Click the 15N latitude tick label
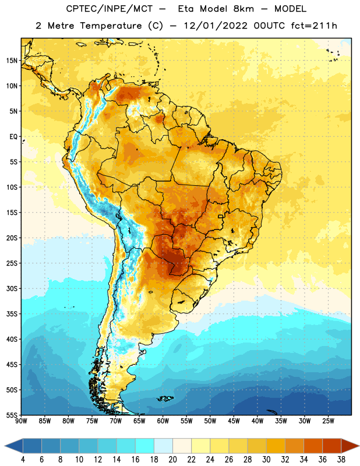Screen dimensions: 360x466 [12, 61]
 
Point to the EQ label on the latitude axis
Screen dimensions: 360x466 [13, 137]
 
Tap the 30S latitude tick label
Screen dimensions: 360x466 [12, 288]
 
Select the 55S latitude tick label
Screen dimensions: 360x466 [12, 415]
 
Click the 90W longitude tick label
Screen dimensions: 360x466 [21, 421]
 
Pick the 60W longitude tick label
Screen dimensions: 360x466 [163, 421]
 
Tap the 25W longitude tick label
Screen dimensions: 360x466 [328, 421]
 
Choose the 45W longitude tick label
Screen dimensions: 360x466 [234, 421]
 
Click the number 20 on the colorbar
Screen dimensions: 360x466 [172, 460]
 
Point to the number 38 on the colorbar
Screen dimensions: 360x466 [341, 460]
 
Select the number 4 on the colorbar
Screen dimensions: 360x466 [23, 460]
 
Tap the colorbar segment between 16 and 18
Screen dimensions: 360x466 [144, 446]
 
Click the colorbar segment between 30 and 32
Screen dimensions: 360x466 [276, 446]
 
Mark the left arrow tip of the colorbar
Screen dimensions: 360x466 [5, 446]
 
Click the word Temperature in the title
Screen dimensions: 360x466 [111, 26]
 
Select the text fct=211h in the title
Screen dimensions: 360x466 [314, 26]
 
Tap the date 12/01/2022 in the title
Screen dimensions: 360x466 [216, 26]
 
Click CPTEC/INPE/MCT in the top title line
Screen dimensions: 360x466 [109, 9]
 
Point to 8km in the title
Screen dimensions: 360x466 [243, 9]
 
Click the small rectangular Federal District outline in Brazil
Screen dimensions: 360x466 [221, 216]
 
